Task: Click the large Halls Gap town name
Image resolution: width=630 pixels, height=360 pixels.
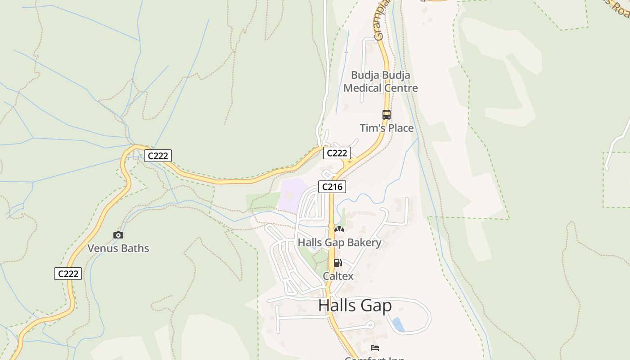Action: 355,306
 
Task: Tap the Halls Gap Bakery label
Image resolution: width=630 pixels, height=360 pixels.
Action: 339,243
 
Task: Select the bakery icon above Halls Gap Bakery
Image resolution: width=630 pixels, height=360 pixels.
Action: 339,229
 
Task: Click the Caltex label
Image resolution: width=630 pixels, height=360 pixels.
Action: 338,276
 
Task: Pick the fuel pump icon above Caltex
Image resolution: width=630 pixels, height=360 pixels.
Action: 337,263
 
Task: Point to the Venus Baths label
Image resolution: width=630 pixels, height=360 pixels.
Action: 118,248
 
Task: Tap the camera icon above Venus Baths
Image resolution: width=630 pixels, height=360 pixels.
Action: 118,235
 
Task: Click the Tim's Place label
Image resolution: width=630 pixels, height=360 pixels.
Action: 387,128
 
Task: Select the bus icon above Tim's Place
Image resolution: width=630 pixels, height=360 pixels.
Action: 386,115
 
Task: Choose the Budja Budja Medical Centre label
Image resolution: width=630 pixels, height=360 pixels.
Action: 381,81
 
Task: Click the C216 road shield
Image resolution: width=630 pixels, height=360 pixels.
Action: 332,186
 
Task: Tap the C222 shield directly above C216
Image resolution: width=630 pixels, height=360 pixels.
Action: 337,153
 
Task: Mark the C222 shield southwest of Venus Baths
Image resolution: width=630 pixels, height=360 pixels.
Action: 68,273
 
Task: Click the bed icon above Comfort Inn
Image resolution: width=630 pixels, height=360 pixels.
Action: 375,347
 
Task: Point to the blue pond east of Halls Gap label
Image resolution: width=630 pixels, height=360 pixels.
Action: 398,324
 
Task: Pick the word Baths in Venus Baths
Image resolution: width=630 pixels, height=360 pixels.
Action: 135,248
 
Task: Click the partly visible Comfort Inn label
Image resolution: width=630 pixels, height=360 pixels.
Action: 374,358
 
